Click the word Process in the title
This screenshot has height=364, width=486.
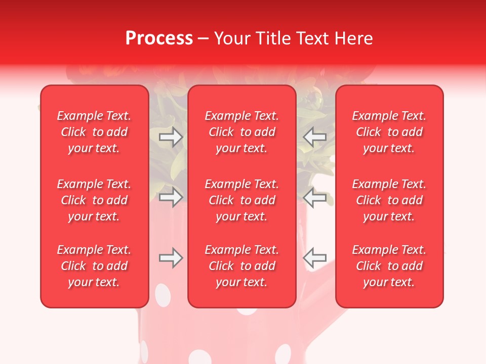[x=159, y=38]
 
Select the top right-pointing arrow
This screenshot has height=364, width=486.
[x=171, y=137]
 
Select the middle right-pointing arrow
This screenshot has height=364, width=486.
[x=171, y=197]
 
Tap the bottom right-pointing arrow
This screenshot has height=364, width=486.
[x=171, y=258]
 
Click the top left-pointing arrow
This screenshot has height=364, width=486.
[x=314, y=137]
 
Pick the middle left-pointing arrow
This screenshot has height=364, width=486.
[x=314, y=197]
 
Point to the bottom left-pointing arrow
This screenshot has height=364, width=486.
[x=314, y=258]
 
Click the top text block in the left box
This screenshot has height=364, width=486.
[x=94, y=132]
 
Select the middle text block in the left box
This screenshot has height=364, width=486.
[x=94, y=200]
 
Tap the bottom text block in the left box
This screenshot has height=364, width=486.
[x=94, y=266]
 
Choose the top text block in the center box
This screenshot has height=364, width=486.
[x=241, y=132]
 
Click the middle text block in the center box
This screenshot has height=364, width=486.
[x=241, y=200]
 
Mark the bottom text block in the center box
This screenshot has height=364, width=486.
[x=241, y=266]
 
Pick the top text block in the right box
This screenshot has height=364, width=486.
[x=389, y=132]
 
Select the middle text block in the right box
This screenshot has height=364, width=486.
[x=389, y=200]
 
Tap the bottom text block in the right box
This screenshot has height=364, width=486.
[x=389, y=266]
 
